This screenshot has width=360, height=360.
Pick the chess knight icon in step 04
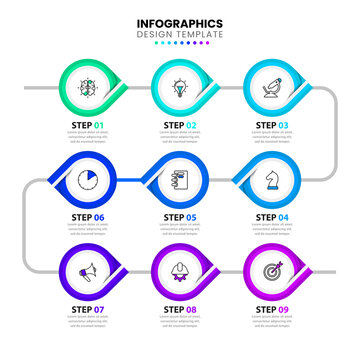tap(271, 180)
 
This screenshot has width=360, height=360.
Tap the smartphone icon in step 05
tap(180, 180)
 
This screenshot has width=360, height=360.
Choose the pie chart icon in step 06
tap(88, 180)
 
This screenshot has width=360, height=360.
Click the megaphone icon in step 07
tap(88, 271)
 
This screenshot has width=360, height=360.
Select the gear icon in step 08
tap(180, 272)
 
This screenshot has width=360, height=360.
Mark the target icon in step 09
tap(271, 271)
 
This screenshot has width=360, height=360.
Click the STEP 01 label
tap(89, 126)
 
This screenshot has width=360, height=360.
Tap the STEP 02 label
tap(180, 126)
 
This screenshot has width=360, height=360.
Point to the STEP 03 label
tap(272, 126)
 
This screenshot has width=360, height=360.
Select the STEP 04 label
tap(272, 217)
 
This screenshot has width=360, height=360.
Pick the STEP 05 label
tap(180, 217)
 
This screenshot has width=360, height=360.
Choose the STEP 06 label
tap(89, 217)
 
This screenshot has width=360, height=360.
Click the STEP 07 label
tap(89, 309)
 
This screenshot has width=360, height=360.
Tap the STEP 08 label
tap(180, 309)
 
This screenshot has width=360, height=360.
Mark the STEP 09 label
tap(272, 309)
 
